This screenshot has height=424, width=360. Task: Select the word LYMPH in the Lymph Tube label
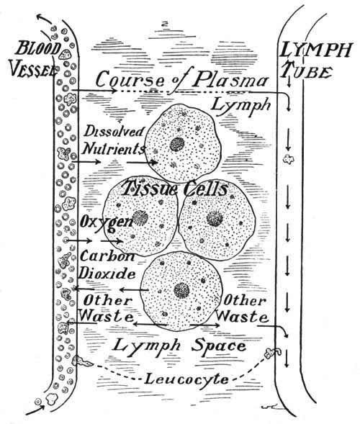316,50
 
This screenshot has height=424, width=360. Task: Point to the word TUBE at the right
307,71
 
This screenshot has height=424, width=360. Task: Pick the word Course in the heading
130,80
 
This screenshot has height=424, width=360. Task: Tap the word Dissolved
114,132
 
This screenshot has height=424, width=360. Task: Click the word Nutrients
114,148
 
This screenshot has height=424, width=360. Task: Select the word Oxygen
107,223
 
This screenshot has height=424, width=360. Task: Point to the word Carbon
107,256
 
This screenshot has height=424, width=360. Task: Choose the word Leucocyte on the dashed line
186,379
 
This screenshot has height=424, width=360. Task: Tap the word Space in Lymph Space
219,346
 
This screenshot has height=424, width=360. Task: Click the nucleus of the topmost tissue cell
177,144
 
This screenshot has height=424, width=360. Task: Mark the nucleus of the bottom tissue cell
181,290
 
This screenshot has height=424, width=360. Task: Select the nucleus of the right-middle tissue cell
215,218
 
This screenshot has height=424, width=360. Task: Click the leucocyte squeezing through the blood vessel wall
82,361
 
